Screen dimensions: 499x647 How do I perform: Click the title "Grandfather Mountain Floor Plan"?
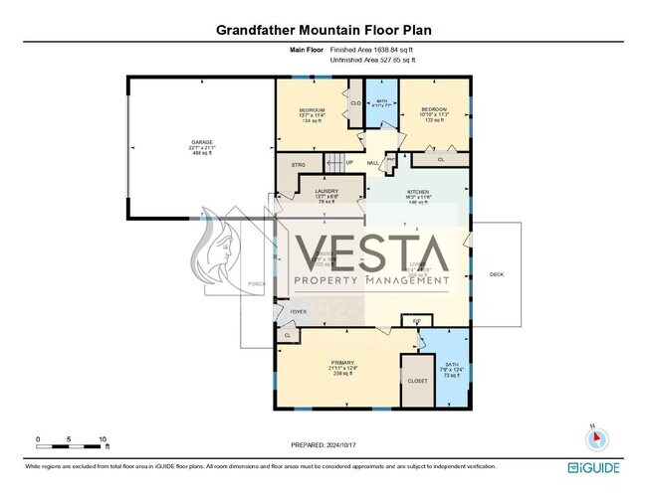pos(323,31)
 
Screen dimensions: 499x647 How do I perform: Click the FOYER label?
pos(296,311)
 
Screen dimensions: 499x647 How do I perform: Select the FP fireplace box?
pos(416,319)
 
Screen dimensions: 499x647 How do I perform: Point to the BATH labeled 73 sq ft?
pos(451,370)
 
